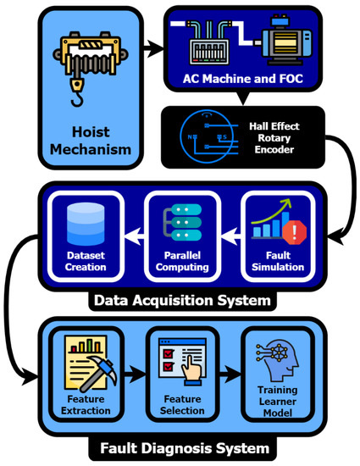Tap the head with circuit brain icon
274,365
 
